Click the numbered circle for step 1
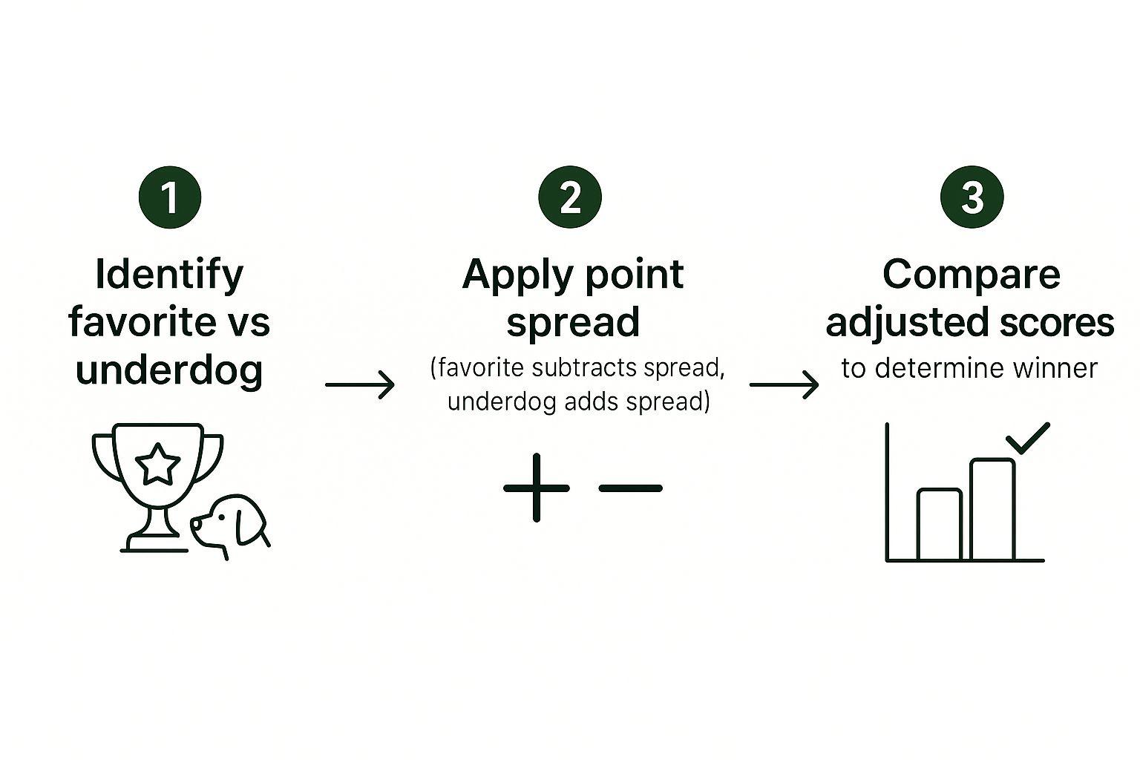pyautogui.click(x=170, y=197)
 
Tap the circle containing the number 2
pyautogui.click(x=570, y=197)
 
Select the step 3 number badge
pyautogui.click(x=972, y=197)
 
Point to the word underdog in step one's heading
pyautogui.click(x=169, y=370)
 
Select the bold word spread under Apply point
pyautogui.click(x=572, y=323)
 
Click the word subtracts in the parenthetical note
pyautogui.click(x=583, y=367)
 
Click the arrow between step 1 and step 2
pyautogui.click(x=360, y=385)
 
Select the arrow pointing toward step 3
pyautogui.click(x=784, y=385)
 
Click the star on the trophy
pyautogui.click(x=158, y=464)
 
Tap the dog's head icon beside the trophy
pyautogui.click(x=230, y=526)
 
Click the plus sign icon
pyautogui.click(x=537, y=488)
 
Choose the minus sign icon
pyautogui.click(x=631, y=488)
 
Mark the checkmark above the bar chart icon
pyautogui.click(x=1028, y=438)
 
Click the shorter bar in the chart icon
pyautogui.click(x=940, y=524)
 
